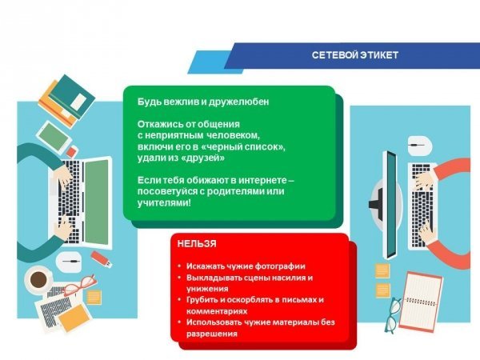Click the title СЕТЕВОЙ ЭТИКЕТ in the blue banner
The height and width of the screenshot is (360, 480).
coord(355,55)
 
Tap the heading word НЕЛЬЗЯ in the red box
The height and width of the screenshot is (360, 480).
coord(197,244)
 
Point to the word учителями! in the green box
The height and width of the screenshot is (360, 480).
coord(164,202)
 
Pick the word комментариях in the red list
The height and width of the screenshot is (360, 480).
coord(217,312)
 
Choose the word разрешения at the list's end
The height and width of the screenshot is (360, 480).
coord(212,334)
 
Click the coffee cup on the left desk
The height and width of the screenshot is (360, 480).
coord(38,279)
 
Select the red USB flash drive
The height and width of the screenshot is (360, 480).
coord(102,259)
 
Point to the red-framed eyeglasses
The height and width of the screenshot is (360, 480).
coord(79,286)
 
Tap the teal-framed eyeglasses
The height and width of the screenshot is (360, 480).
coord(393,316)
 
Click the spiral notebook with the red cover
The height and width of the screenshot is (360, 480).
coord(421,302)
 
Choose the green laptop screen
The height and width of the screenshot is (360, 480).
coord(97,202)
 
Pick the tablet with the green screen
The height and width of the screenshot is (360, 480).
coord(54,138)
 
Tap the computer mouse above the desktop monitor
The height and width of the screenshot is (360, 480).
coord(420,145)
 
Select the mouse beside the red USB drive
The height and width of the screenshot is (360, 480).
coord(69,262)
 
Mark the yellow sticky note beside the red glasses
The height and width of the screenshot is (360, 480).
coord(94,297)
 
